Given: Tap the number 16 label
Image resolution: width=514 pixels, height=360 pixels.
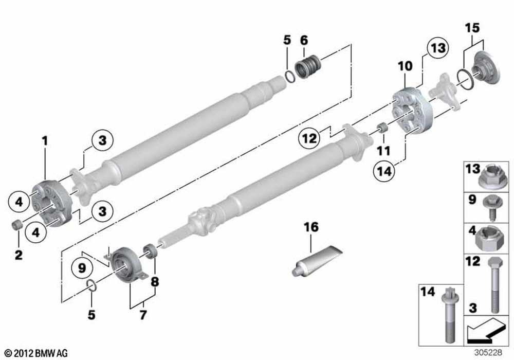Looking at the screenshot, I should click(x=311, y=227).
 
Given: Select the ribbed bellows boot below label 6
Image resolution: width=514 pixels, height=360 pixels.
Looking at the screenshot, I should click(x=308, y=67).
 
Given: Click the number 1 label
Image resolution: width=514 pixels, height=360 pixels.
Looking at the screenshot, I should click(x=45, y=140).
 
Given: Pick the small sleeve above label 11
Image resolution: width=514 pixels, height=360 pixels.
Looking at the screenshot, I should click(x=382, y=128).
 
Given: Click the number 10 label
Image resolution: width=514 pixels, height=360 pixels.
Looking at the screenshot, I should click(x=405, y=66).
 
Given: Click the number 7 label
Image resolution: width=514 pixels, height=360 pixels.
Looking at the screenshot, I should click(x=143, y=314).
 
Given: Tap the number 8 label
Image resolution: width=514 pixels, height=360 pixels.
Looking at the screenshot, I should click(x=155, y=281).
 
